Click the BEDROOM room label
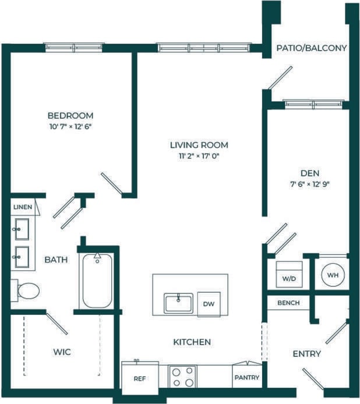(x=70, y=115)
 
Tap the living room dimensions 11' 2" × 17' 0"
(x=199, y=156)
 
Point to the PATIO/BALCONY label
(x=312, y=48)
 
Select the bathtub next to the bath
(x=97, y=281)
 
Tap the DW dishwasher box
(x=209, y=303)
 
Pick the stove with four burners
(x=182, y=377)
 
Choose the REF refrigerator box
(x=140, y=378)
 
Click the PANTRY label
(x=246, y=378)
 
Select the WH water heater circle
(x=333, y=274)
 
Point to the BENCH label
(x=288, y=303)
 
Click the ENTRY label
(x=306, y=353)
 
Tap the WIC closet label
(x=62, y=352)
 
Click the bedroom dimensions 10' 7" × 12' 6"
(x=70, y=126)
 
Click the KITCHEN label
(x=192, y=342)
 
